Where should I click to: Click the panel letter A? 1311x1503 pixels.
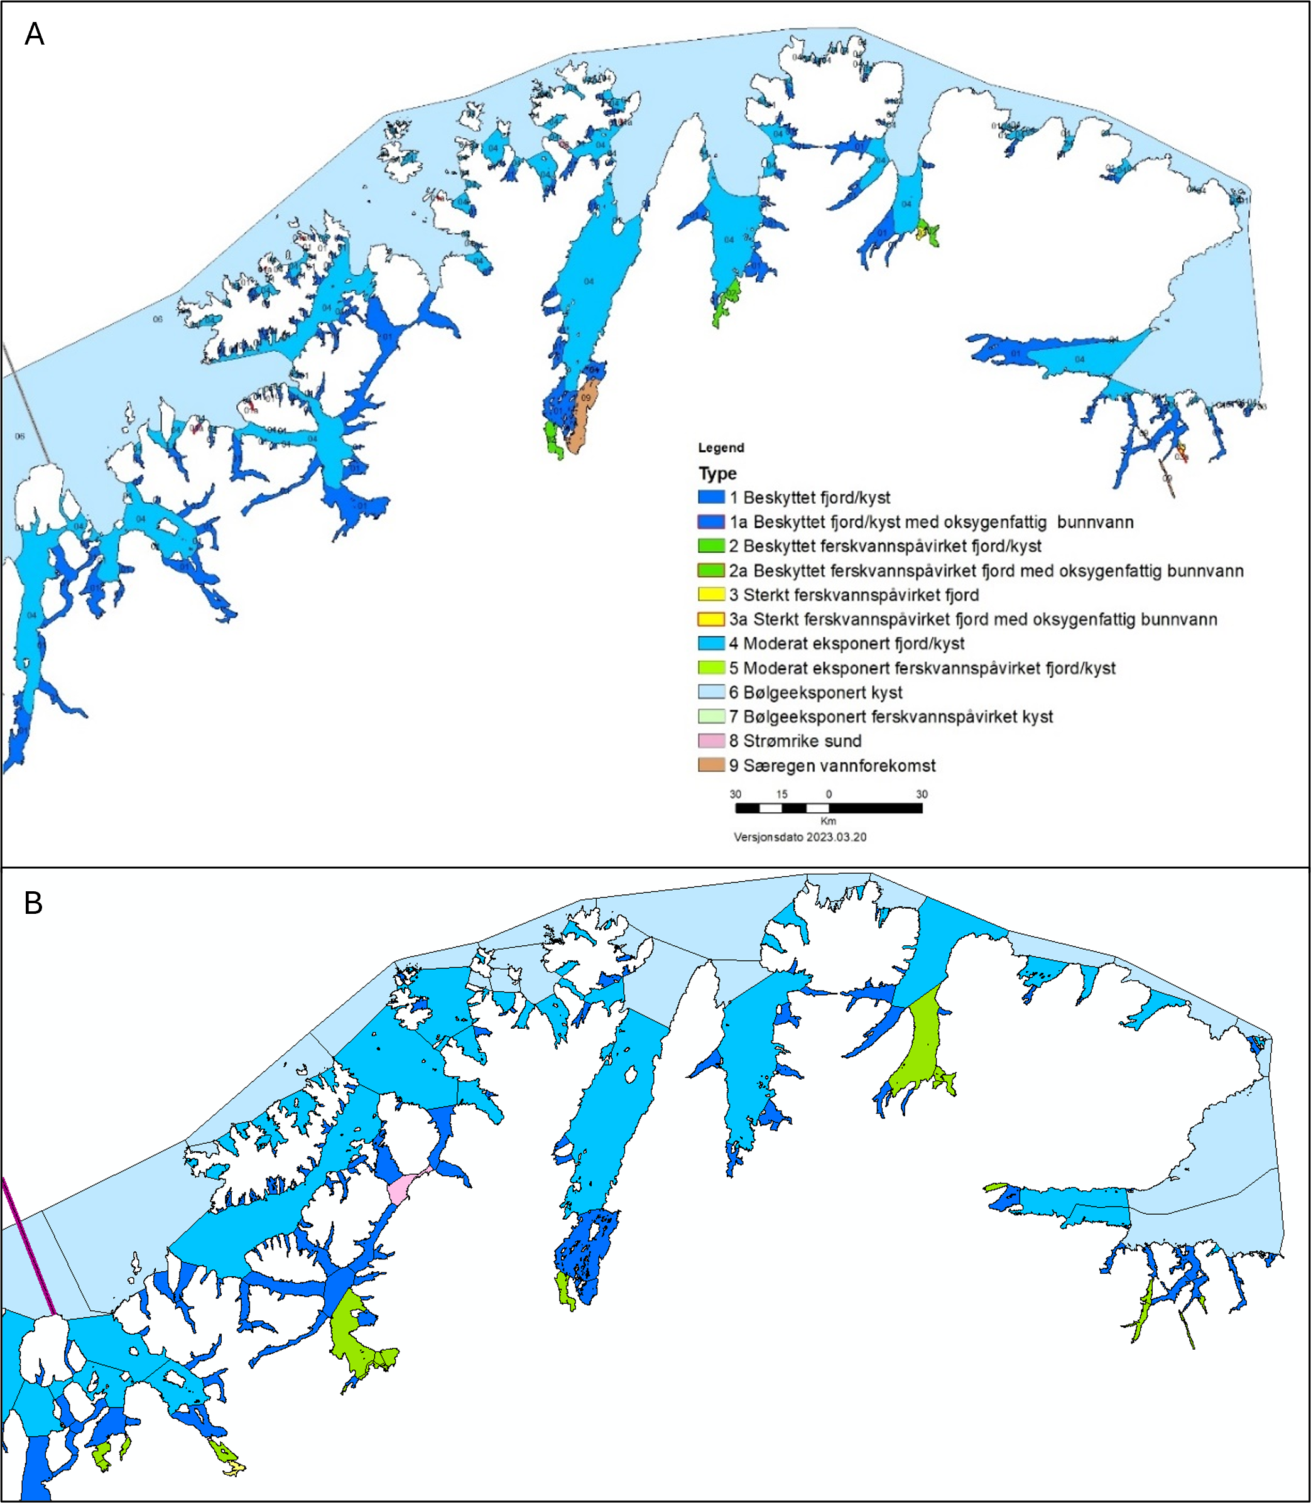click(35, 35)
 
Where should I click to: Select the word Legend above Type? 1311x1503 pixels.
click(721, 448)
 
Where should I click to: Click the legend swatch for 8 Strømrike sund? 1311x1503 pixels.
click(710, 741)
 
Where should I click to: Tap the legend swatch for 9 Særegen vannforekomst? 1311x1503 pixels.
click(710, 765)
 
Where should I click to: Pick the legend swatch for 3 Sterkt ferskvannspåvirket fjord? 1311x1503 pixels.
click(710, 595)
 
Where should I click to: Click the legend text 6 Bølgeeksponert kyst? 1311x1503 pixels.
click(815, 693)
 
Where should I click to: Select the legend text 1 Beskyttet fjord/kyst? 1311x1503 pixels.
click(809, 497)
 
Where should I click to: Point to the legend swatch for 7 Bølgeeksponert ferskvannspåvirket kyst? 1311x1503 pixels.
click(710, 717)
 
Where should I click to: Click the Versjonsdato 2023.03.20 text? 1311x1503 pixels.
click(800, 837)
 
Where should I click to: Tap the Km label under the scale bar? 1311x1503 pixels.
click(827, 822)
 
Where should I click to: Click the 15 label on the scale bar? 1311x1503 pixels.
click(781, 795)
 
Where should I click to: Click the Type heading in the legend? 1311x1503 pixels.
click(717, 473)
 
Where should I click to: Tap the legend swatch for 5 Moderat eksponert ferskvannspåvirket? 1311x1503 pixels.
click(710, 668)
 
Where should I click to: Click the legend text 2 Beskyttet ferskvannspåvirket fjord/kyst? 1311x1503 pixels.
click(884, 546)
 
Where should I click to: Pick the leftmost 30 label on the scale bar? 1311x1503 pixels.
click(735, 795)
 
